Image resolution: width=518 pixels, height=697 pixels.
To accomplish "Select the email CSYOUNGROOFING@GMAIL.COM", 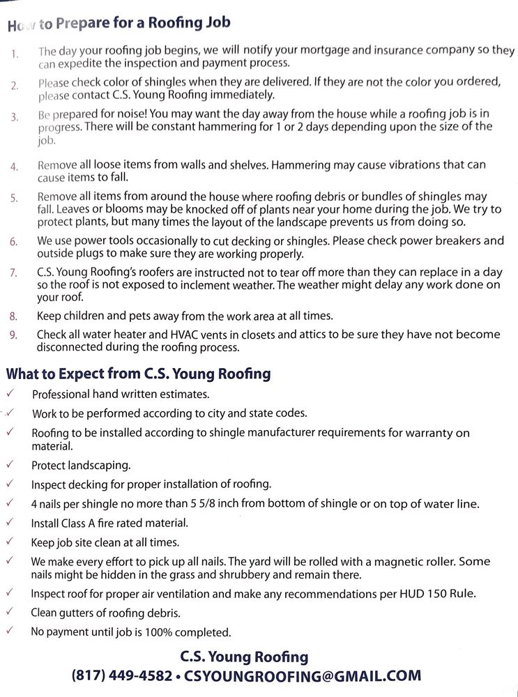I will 303,675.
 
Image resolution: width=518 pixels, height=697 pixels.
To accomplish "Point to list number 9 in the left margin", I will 14,335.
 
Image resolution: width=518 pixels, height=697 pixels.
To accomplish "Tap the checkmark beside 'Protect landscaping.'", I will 9,464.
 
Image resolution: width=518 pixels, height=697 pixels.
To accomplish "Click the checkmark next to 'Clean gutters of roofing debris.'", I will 9,613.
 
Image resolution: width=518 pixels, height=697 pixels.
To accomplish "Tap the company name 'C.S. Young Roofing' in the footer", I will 244,656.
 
